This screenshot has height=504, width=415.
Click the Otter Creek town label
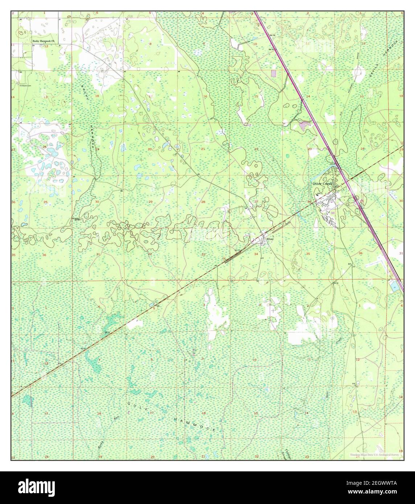pyautogui.click(x=322, y=184)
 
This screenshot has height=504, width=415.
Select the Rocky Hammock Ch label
pyautogui.click(x=42, y=41)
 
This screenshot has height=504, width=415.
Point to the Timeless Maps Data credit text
pyautogui.click(x=375, y=455)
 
